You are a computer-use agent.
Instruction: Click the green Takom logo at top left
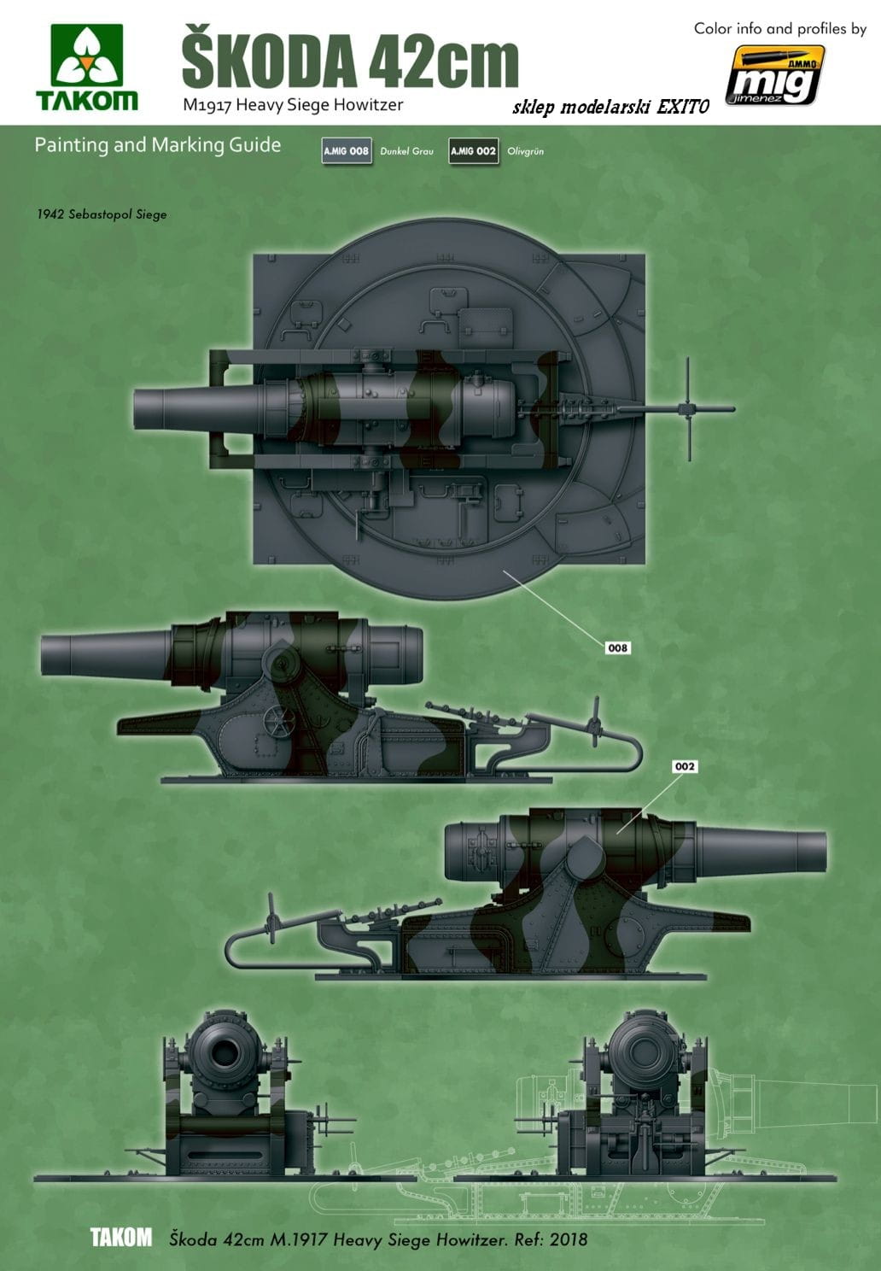coord(87,67)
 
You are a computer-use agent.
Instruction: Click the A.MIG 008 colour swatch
coord(347,151)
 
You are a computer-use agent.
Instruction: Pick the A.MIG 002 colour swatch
coord(474,151)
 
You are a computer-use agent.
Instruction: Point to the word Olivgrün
coord(526,151)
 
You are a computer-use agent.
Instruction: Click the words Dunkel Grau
coord(406,151)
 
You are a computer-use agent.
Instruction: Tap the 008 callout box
coord(617,647)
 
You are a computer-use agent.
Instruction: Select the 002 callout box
coord(685,766)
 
